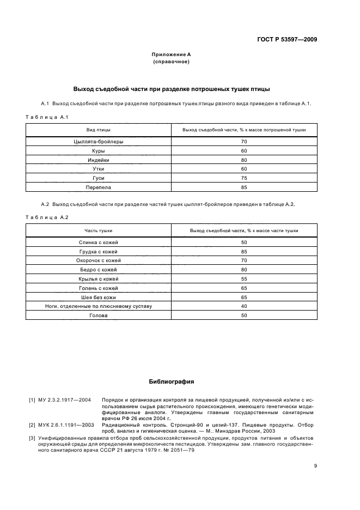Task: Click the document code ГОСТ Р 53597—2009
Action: (x=286, y=39)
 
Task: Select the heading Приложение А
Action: (x=171, y=54)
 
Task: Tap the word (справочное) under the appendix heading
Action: (x=171, y=62)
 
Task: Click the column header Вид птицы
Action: (x=98, y=130)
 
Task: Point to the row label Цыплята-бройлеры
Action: (x=98, y=142)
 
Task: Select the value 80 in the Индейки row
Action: (x=243, y=160)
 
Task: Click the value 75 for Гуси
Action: (x=243, y=178)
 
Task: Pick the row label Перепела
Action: (x=98, y=187)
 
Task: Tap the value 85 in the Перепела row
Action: (x=243, y=187)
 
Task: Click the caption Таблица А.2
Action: (x=47, y=217)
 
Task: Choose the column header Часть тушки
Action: (x=98, y=230)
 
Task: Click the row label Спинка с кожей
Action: (x=98, y=242)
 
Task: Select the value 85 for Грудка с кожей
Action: (x=243, y=251)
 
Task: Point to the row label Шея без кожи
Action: (x=98, y=297)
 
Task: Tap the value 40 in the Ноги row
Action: (x=243, y=306)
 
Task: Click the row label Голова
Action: (x=98, y=315)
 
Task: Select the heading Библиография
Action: (x=171, y=381)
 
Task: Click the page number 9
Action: (x=315, y=465)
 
